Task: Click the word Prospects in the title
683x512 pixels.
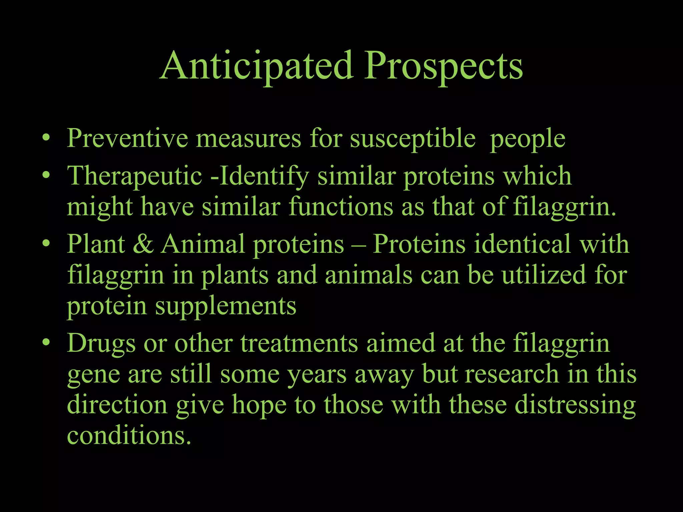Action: coord(444,67)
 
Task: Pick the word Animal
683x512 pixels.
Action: coord(203,244)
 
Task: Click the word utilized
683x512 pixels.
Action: coord(544,275)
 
